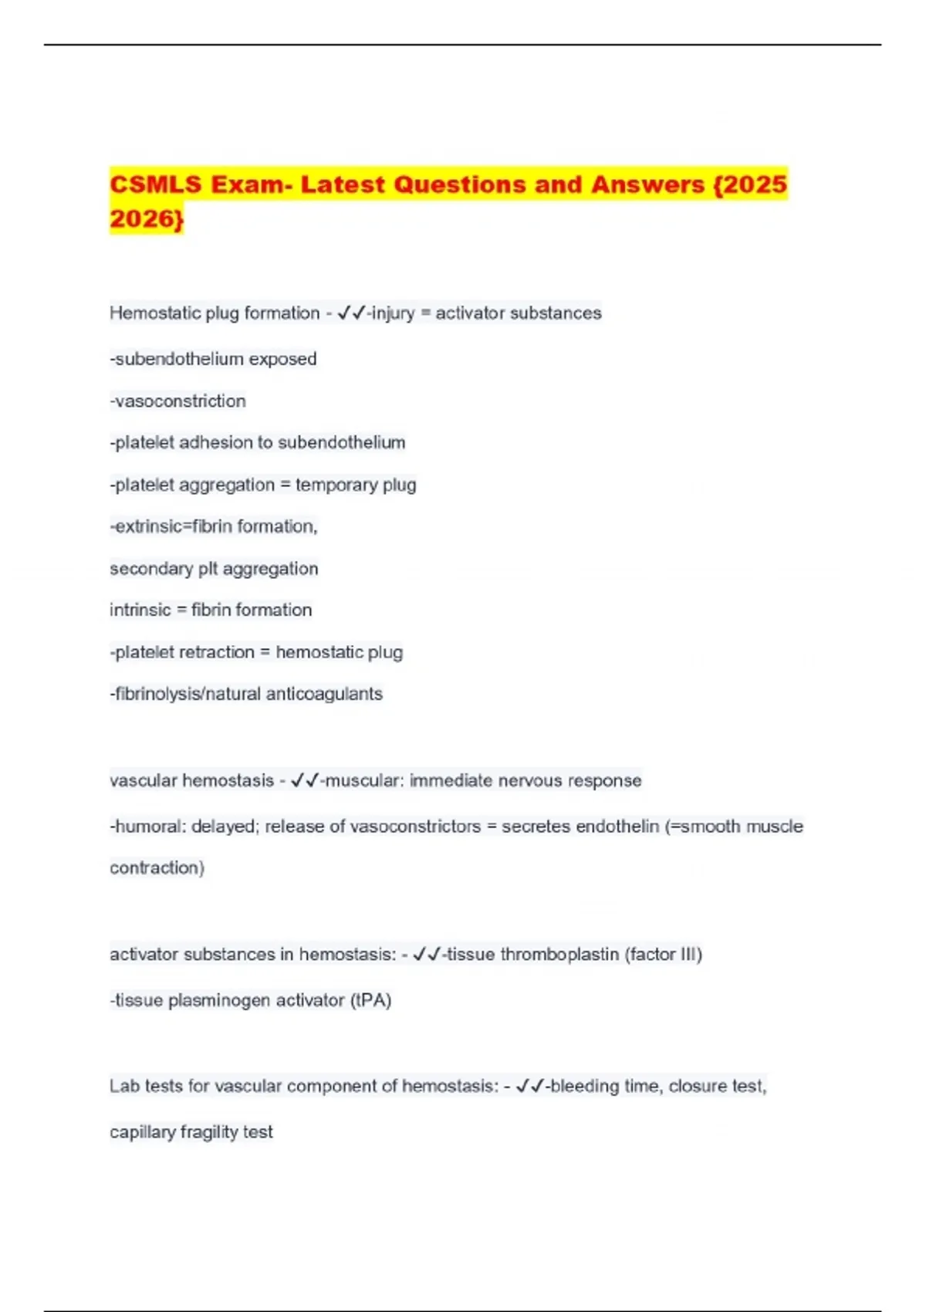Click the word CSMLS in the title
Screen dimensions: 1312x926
155,184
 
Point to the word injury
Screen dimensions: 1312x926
393,313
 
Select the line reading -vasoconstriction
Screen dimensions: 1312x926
177,401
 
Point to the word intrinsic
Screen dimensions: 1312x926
140,610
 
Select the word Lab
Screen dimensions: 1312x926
124,1087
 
